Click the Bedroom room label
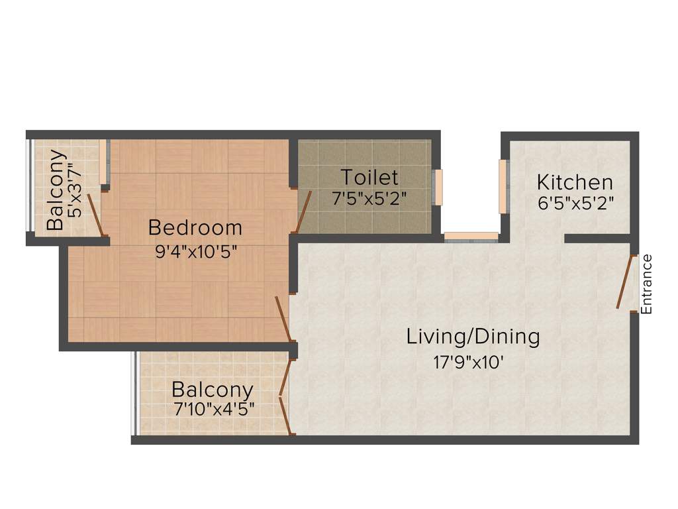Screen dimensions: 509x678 (x=195, y=228)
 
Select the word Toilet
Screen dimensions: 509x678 (x=369, y=178)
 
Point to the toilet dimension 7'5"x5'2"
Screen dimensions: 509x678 (x=369, y=198)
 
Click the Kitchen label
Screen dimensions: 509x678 (x=575, y=182)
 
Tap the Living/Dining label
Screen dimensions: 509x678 (x=473, y=337)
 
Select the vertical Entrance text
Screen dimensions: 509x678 (x=647, y=284)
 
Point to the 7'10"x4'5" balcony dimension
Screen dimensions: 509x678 (x=214, y=408)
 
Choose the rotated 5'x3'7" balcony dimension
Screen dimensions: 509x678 (x=77, y=192)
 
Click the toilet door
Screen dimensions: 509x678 (x=302, y=211)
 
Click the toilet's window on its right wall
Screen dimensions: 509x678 (x=438, y=188)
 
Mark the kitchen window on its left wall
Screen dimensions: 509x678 (x=503, y=186)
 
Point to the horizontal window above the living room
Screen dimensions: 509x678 (x=471, y=236)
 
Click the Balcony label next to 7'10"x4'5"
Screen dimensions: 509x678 (x=212, y=389)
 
